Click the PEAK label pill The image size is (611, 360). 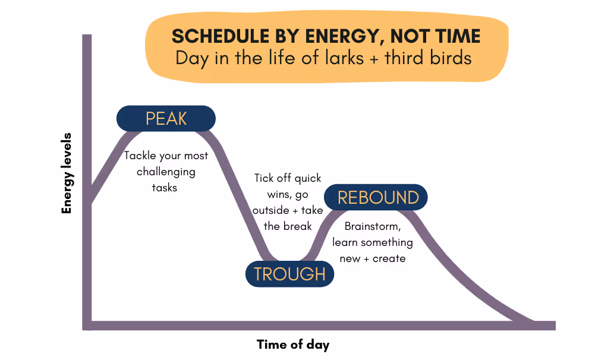166,118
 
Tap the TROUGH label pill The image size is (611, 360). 289,274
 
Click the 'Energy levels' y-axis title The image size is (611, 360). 67,173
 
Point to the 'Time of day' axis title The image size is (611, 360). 292,345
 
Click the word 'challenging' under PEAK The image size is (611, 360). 166,172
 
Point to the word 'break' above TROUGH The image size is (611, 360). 298,226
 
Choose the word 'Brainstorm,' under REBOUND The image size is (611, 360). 373,226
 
